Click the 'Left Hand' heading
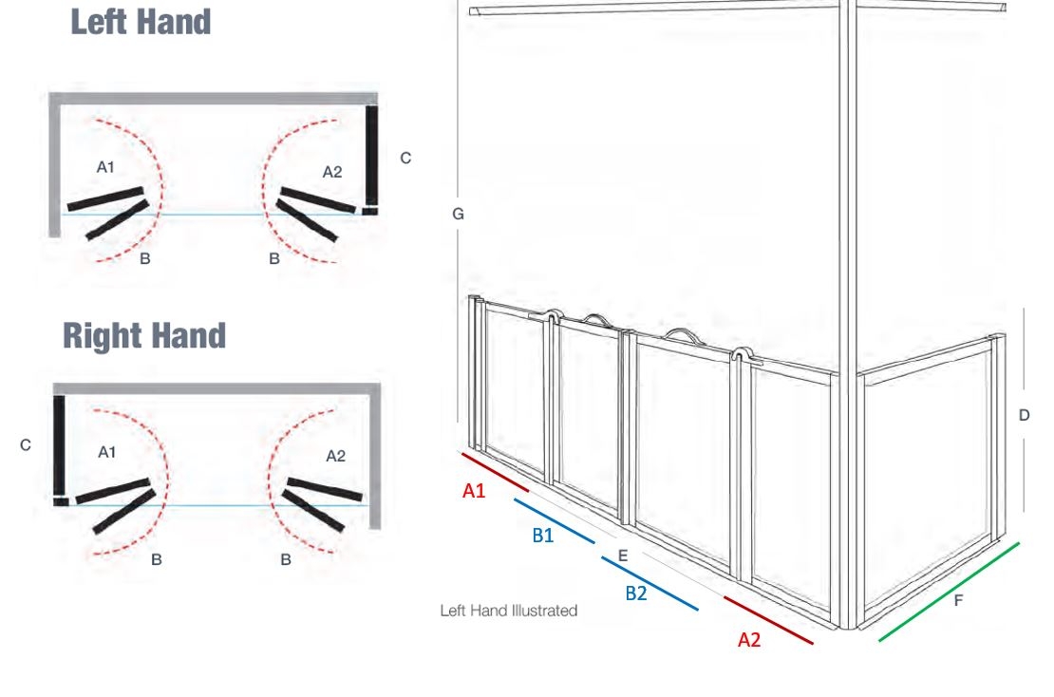click(141, 22)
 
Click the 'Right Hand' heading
click(144, 335)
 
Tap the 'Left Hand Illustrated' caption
click(509, 611)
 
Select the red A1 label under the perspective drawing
click(474, 491)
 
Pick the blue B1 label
click(542, 535)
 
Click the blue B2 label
click(636, 593)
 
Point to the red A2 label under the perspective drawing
click(749, 639)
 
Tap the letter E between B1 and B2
click(623, 556)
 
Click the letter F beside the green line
click(958, 600)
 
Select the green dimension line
click(950, 593)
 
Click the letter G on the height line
click(458, 214)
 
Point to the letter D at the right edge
click(1025, 415)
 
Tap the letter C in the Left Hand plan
click(405, 158)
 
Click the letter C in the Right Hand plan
click(26, 445)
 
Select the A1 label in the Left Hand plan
click(105, 167)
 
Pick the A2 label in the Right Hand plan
click(335, 457)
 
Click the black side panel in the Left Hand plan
click(371, 156)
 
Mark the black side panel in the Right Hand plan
click(60, 445)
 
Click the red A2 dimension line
click(768, 620)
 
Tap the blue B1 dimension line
click(555, 521)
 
